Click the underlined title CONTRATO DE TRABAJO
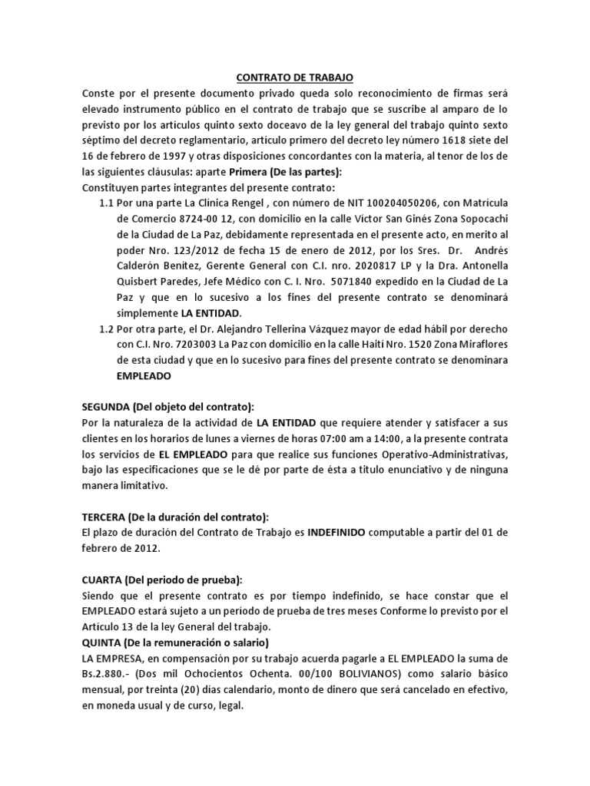[x=295, y=78]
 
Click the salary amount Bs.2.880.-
[x=111, y=673]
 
